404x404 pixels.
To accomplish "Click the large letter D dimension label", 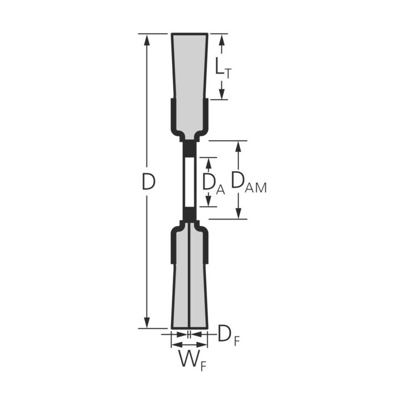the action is point(149,182).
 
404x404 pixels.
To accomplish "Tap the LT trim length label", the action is point(223,68).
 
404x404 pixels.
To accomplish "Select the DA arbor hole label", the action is point(214,183).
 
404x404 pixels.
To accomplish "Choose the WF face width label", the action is point(193,361).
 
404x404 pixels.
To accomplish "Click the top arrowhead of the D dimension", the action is point(147,40).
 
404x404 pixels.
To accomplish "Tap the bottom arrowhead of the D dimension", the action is point(147,322).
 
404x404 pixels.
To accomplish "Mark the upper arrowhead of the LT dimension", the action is point(221,40).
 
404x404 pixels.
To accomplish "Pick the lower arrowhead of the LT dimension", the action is point(221,93).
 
